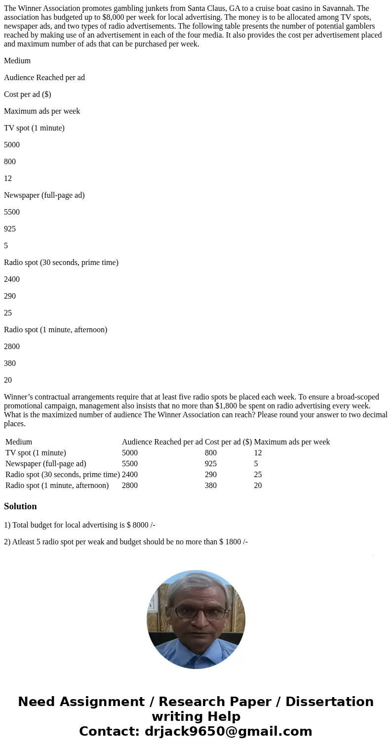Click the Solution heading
tap(20, 506)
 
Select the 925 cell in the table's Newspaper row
tap(211, 464)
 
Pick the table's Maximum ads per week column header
tap(292, 442)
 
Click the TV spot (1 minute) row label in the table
tap(36, 453)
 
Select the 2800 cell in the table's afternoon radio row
tap(130, 486)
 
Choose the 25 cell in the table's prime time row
tap(258, 475)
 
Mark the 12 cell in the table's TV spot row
tap(258, 453)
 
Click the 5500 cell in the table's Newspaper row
tap(130, 464)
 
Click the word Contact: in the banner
tap(109, 731)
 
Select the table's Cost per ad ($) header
tap(228, 442)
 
